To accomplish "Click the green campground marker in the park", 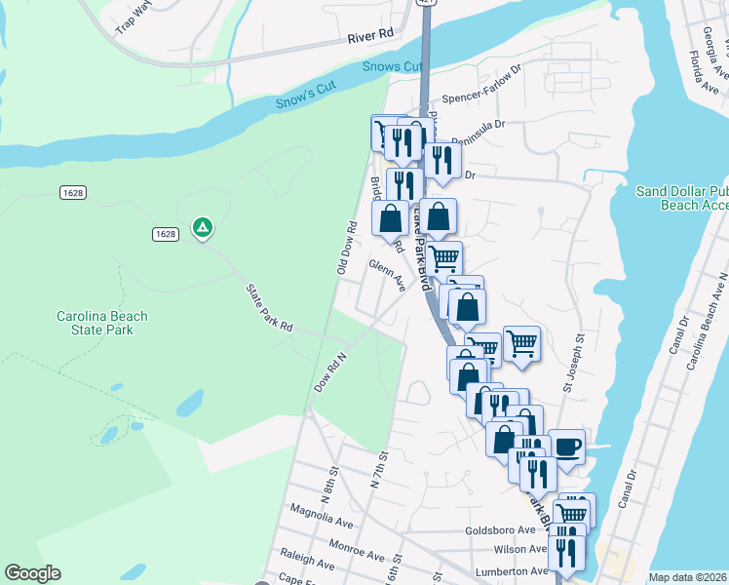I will point(203,228).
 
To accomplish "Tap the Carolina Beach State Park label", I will point(101,323).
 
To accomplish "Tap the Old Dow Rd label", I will point(346,248).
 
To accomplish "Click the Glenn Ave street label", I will point(387,274).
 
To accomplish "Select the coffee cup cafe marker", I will point(567,448).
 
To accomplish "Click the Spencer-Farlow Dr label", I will point(482,97).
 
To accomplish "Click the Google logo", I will point(33,573).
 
